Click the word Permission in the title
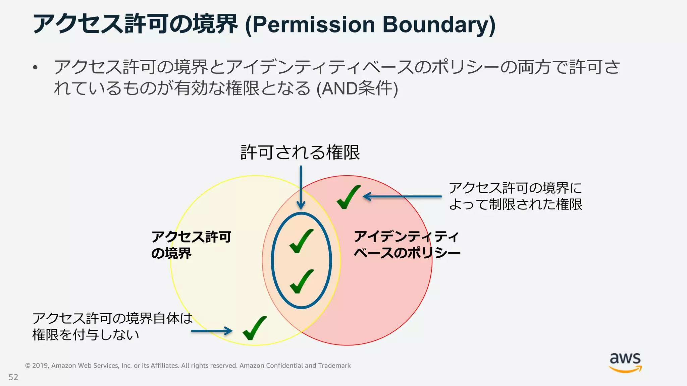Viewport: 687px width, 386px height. coord(313,25)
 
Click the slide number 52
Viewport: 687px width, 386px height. coord(13,377)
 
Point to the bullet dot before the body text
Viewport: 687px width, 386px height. coord(35,68)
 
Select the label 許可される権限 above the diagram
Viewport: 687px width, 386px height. coord(300,152)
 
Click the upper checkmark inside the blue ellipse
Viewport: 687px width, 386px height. coord(301,241)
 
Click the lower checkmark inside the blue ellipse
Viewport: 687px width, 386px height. coord(302,281)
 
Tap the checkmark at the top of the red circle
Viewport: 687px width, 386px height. coord(348,197)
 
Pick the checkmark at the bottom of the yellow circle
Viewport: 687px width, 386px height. coord(255,328)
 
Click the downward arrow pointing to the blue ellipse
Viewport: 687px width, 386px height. coord(301,188)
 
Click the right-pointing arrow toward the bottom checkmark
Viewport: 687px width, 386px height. coord(212,331)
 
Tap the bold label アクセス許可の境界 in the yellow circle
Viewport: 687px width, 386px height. coord(191,245)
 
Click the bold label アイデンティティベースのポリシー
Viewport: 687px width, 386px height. coord(407,245)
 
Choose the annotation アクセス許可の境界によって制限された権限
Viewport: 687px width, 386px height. coord(515,196)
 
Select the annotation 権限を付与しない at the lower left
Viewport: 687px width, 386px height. coord(86,335)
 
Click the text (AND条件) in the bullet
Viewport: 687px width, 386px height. coord(357,88)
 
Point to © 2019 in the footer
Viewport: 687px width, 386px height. coord(37,366)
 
